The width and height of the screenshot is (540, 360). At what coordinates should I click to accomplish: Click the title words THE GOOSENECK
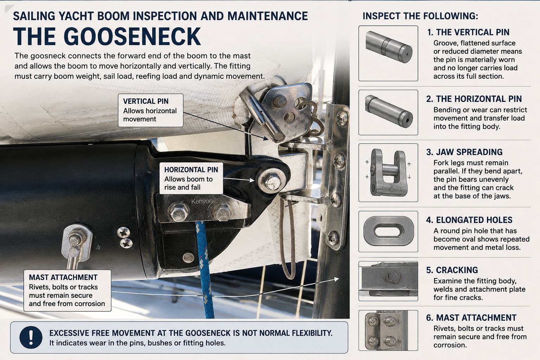coord(107,37)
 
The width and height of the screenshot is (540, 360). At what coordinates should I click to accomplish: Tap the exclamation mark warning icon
coord(31,337)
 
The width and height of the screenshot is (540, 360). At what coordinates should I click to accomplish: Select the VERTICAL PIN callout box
coord(151,110)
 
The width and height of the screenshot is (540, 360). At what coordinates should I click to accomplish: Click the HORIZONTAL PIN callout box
coord(191,179)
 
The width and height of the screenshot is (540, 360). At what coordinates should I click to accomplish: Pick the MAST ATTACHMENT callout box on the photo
coord(67,290)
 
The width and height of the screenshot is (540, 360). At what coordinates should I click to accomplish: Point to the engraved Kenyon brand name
coord(202,201)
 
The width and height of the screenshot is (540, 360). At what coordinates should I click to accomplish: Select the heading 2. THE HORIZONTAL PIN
coord(474,99)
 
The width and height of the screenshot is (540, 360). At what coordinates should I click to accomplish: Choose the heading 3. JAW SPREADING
coord(464,152)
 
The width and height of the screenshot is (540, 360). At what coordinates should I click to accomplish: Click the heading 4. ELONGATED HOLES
coord(469,220)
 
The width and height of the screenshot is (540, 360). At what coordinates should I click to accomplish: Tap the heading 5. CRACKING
coord(452,270)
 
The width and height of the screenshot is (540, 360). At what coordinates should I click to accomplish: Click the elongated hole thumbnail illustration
coord(388,231)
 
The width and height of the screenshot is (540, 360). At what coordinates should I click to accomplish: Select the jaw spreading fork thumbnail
coord(388,173)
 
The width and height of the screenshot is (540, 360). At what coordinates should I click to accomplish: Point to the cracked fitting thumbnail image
coord(388,281)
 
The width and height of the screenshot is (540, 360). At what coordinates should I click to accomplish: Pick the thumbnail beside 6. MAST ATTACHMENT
coord(388,330)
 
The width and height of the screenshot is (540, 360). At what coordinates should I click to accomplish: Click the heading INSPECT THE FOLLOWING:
coord(420,16)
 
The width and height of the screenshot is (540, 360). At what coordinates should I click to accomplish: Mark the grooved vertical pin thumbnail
coord(388,53)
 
